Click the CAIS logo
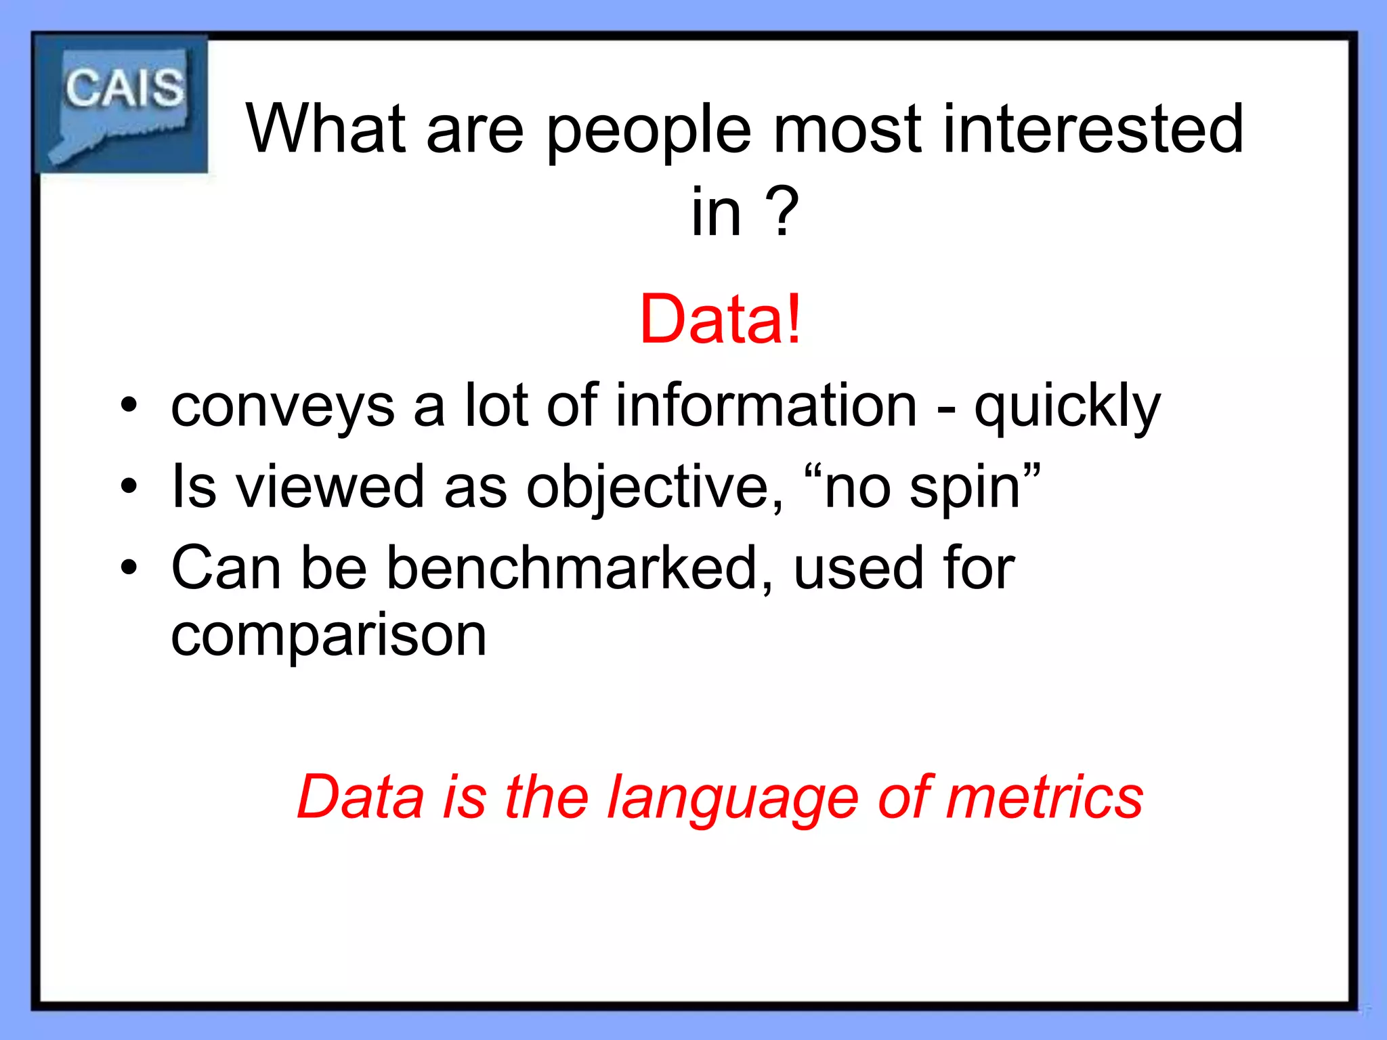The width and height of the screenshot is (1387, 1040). point(122,104)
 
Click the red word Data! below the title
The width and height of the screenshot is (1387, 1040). point(721,320)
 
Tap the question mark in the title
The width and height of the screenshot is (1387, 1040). point(783,212)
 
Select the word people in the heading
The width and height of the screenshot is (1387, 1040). point(649,130)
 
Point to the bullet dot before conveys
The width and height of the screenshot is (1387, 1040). point(129,406)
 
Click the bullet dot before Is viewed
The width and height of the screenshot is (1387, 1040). point(129,486)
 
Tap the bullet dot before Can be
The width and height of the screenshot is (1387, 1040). point(129,567)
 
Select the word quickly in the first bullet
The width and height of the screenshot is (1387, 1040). point(1067,408)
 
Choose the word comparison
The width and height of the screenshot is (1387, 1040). point(329,637)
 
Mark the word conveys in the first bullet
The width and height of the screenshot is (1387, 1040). point(282,408)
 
